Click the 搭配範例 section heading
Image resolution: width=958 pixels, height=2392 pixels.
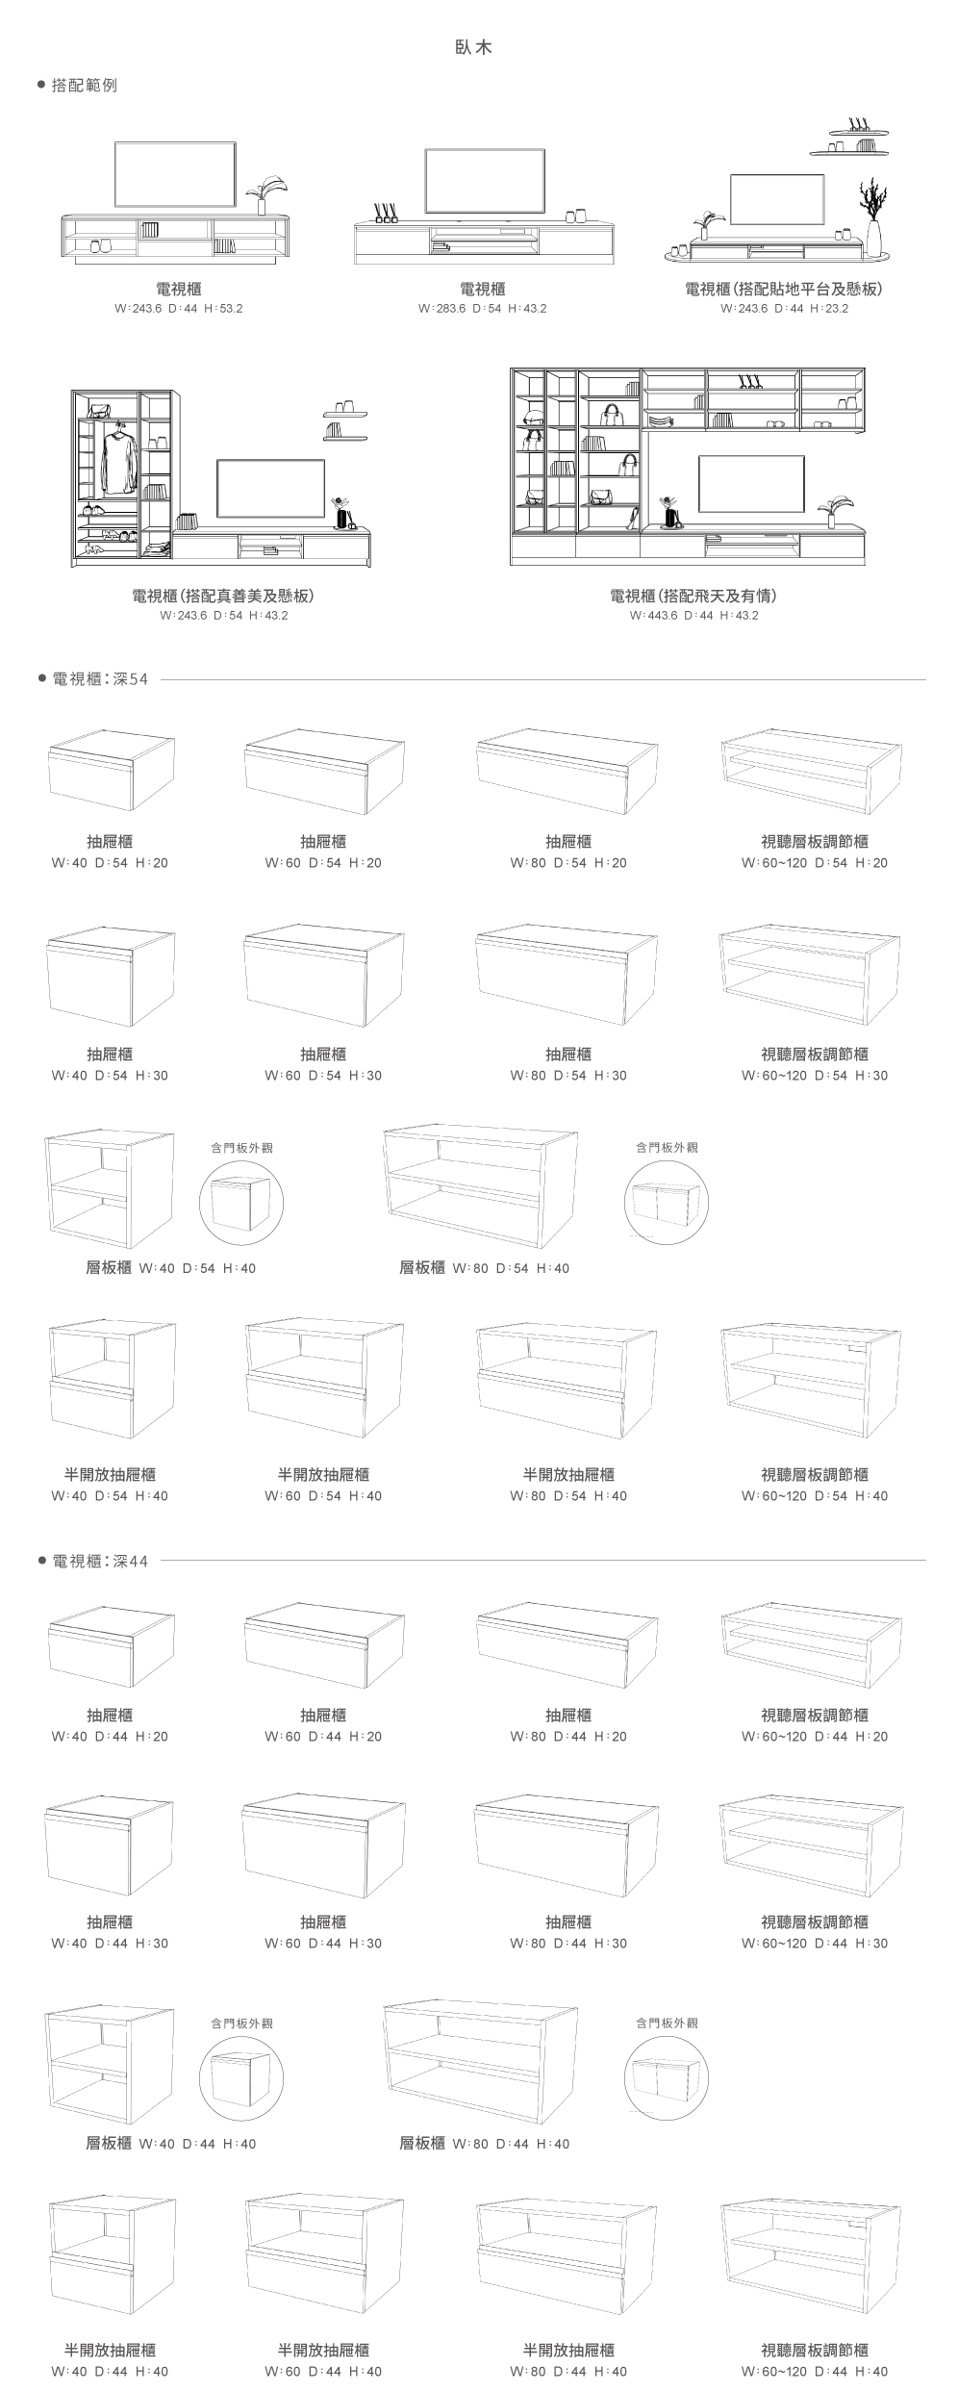click(x=84, y=86)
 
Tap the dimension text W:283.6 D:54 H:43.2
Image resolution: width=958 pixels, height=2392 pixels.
click(x=483, y=309)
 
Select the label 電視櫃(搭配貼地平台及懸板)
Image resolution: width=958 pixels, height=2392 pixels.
click(x=784, y=289)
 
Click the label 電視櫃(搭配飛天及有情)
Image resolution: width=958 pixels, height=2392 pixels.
click(x=693, y=596)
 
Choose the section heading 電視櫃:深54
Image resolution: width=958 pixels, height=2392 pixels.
click(x=100, y=679)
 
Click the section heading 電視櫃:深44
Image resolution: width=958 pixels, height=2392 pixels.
click(x=100, y=1560)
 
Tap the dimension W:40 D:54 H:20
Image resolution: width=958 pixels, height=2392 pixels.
click(x=110, y=863)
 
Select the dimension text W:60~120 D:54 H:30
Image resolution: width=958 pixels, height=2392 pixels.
click(x=815, y=1076)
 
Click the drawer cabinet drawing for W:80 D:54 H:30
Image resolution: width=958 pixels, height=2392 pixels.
click(x=567, y=975)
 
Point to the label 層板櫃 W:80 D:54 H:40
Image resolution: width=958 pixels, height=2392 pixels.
click(x=484, y=1268)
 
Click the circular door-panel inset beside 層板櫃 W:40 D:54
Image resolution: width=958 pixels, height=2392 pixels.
click(x=241, y=1203)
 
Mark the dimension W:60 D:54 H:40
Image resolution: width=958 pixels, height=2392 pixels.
click(x=323, y=1496)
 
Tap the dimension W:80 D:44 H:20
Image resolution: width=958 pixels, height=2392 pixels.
click(x=568, y=1737)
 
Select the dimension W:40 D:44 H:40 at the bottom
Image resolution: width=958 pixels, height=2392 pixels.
click(x=110, y=2372)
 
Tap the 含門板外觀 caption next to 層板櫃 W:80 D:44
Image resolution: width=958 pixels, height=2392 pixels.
click(x=667, y=2023)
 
